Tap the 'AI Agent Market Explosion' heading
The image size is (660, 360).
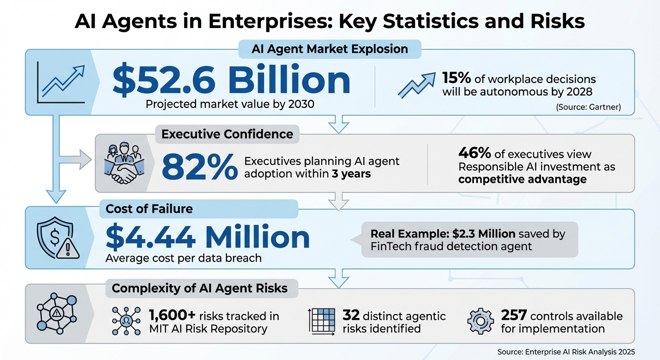tap(330, 49)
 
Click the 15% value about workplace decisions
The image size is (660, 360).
tap(457, 78)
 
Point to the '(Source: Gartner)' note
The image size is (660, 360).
tap(588, 107)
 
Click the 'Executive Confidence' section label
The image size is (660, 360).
tap(227, 134)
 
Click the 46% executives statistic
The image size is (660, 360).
tap(474, 154)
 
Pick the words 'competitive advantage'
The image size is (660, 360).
tap(522, 179)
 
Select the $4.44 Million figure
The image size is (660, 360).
tap(208, 237)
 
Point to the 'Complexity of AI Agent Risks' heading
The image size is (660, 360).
tap(200, 288)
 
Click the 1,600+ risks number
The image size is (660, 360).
tap(170, 316)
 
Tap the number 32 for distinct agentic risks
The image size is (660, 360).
tap(351, 315)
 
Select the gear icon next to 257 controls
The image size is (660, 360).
tap(481, 322)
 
